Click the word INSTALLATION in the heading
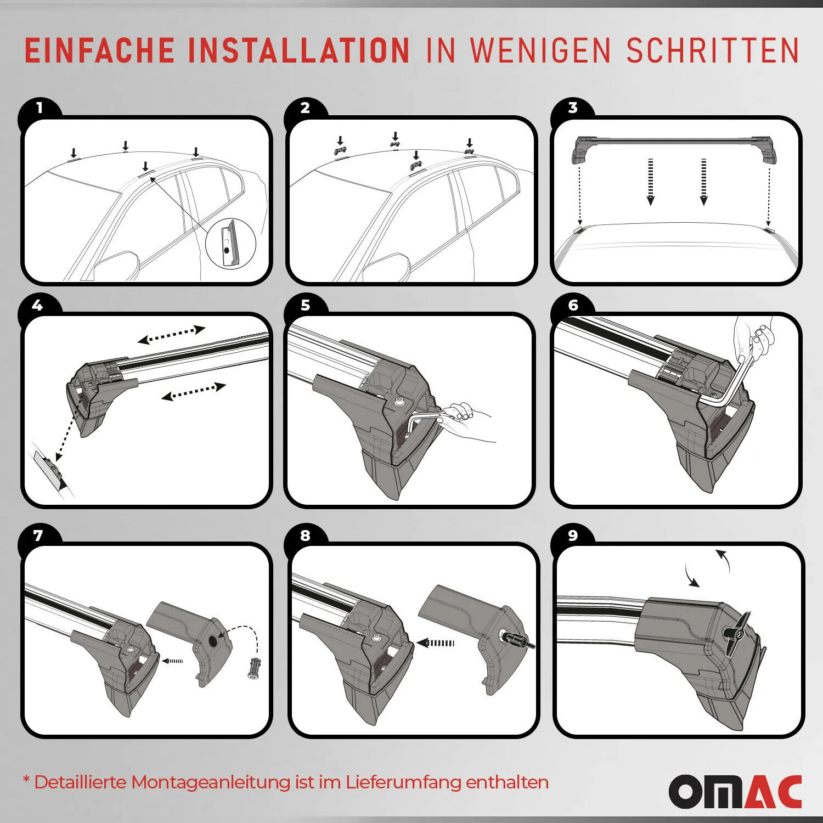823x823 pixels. [300, 50]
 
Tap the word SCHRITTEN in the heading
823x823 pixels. [713, 50]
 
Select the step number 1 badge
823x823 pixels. [39, 108]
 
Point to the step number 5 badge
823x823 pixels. [306, 305]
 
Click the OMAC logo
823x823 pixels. [735, 791]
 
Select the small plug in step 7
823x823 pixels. [254, 669]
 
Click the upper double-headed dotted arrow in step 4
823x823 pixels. [171, 335]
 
